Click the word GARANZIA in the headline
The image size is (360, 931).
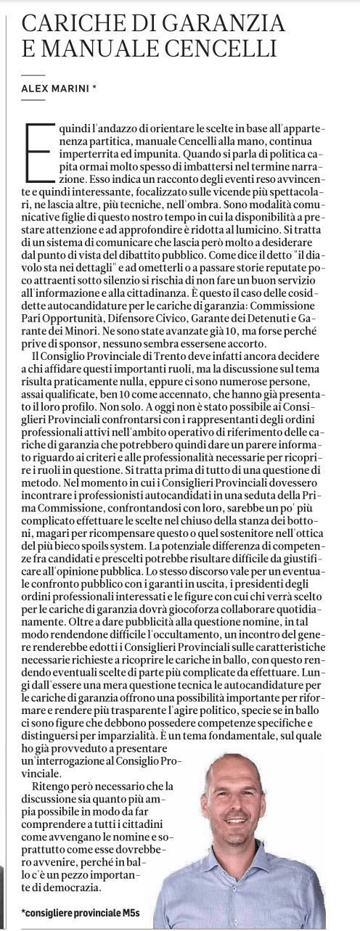pos(226,24)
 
